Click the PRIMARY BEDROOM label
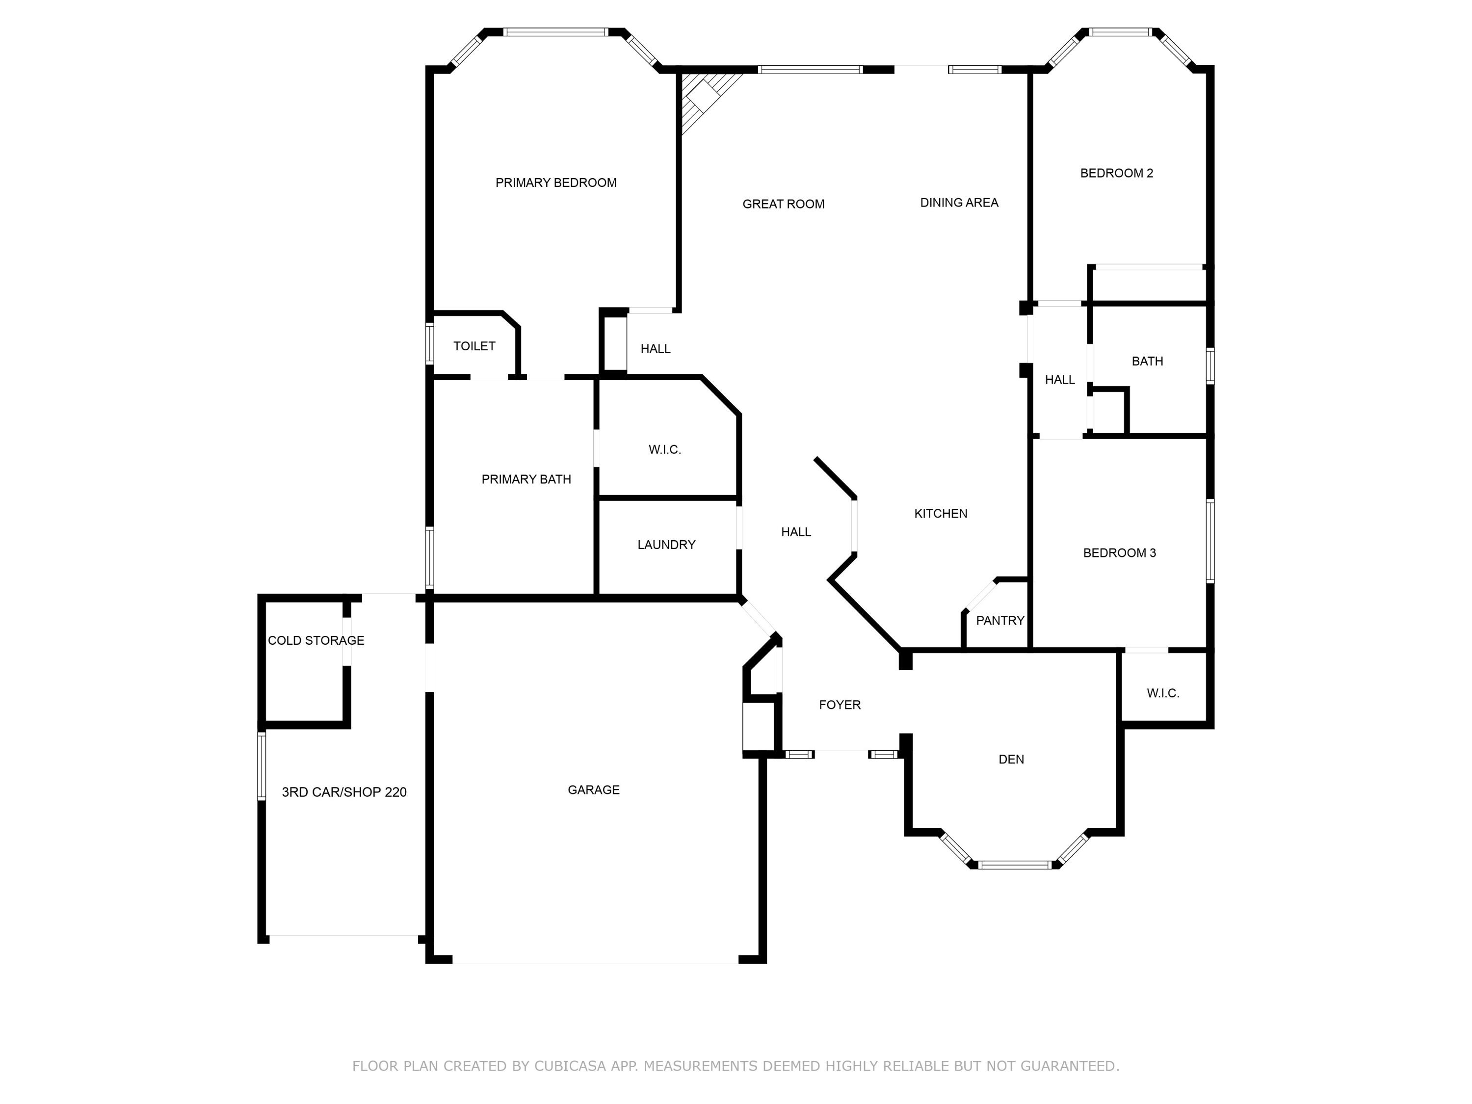coord(555,183)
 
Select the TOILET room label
coord(474,346)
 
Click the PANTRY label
coord(999,621)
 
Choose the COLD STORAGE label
coord(315,641)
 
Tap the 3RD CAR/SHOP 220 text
coord(344,792)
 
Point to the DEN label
coord(1011,759)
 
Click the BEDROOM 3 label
coord(1119,553)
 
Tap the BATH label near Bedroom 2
coord(1147,361)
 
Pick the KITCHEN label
coord(940,514)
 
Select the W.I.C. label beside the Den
coord(1162,693)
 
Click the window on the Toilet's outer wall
coord(430,343)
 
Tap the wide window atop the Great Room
coord(810,69)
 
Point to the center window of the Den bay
coord(1015,865)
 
